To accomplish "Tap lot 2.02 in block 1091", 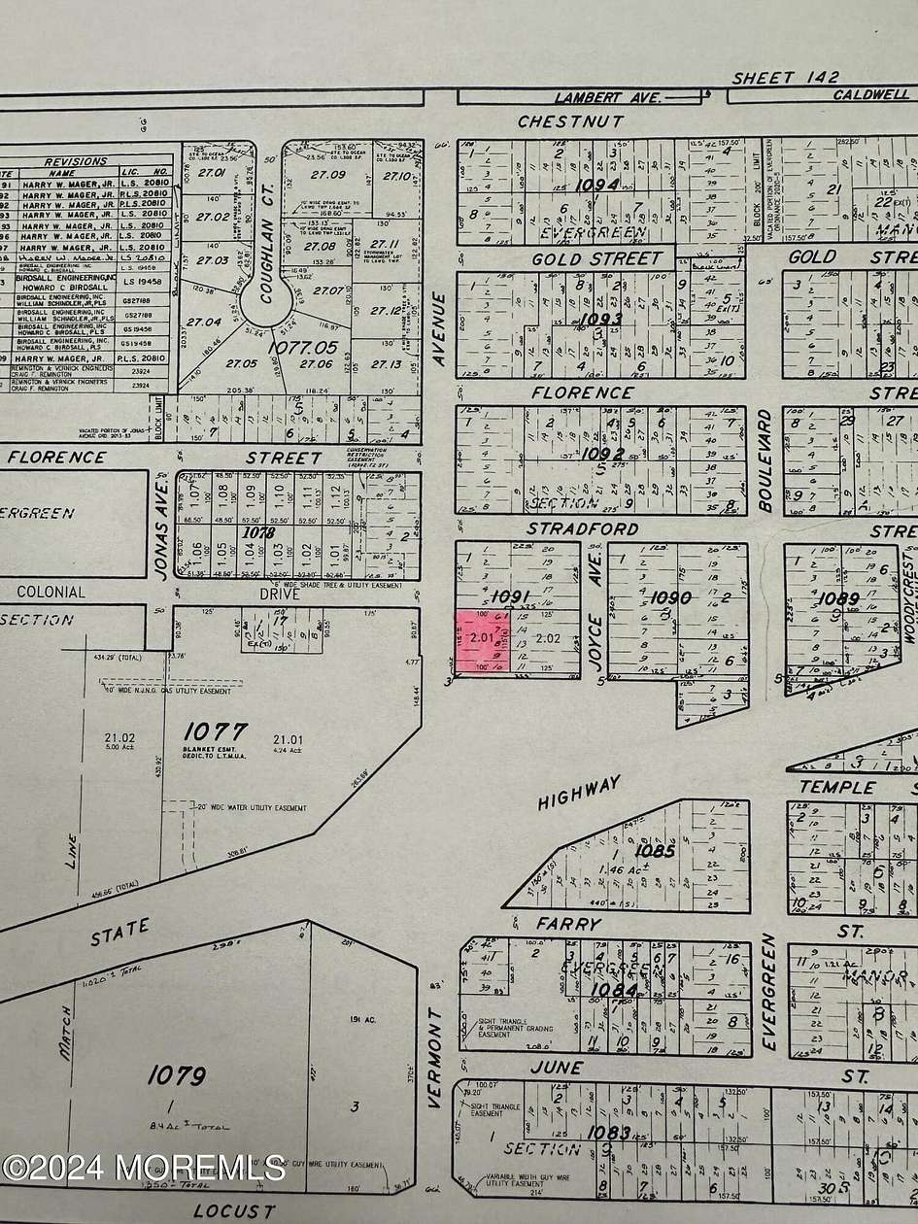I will [548, 638].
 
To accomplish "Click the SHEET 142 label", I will [786, 77].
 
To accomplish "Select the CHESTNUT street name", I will [570, 121].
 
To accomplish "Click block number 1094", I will [596, 184].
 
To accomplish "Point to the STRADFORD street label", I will [583, 528].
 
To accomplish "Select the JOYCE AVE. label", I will [595, 605].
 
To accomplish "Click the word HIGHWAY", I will [579, 793].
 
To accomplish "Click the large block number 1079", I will [177, 1075].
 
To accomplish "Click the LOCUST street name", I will [234, 1210].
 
